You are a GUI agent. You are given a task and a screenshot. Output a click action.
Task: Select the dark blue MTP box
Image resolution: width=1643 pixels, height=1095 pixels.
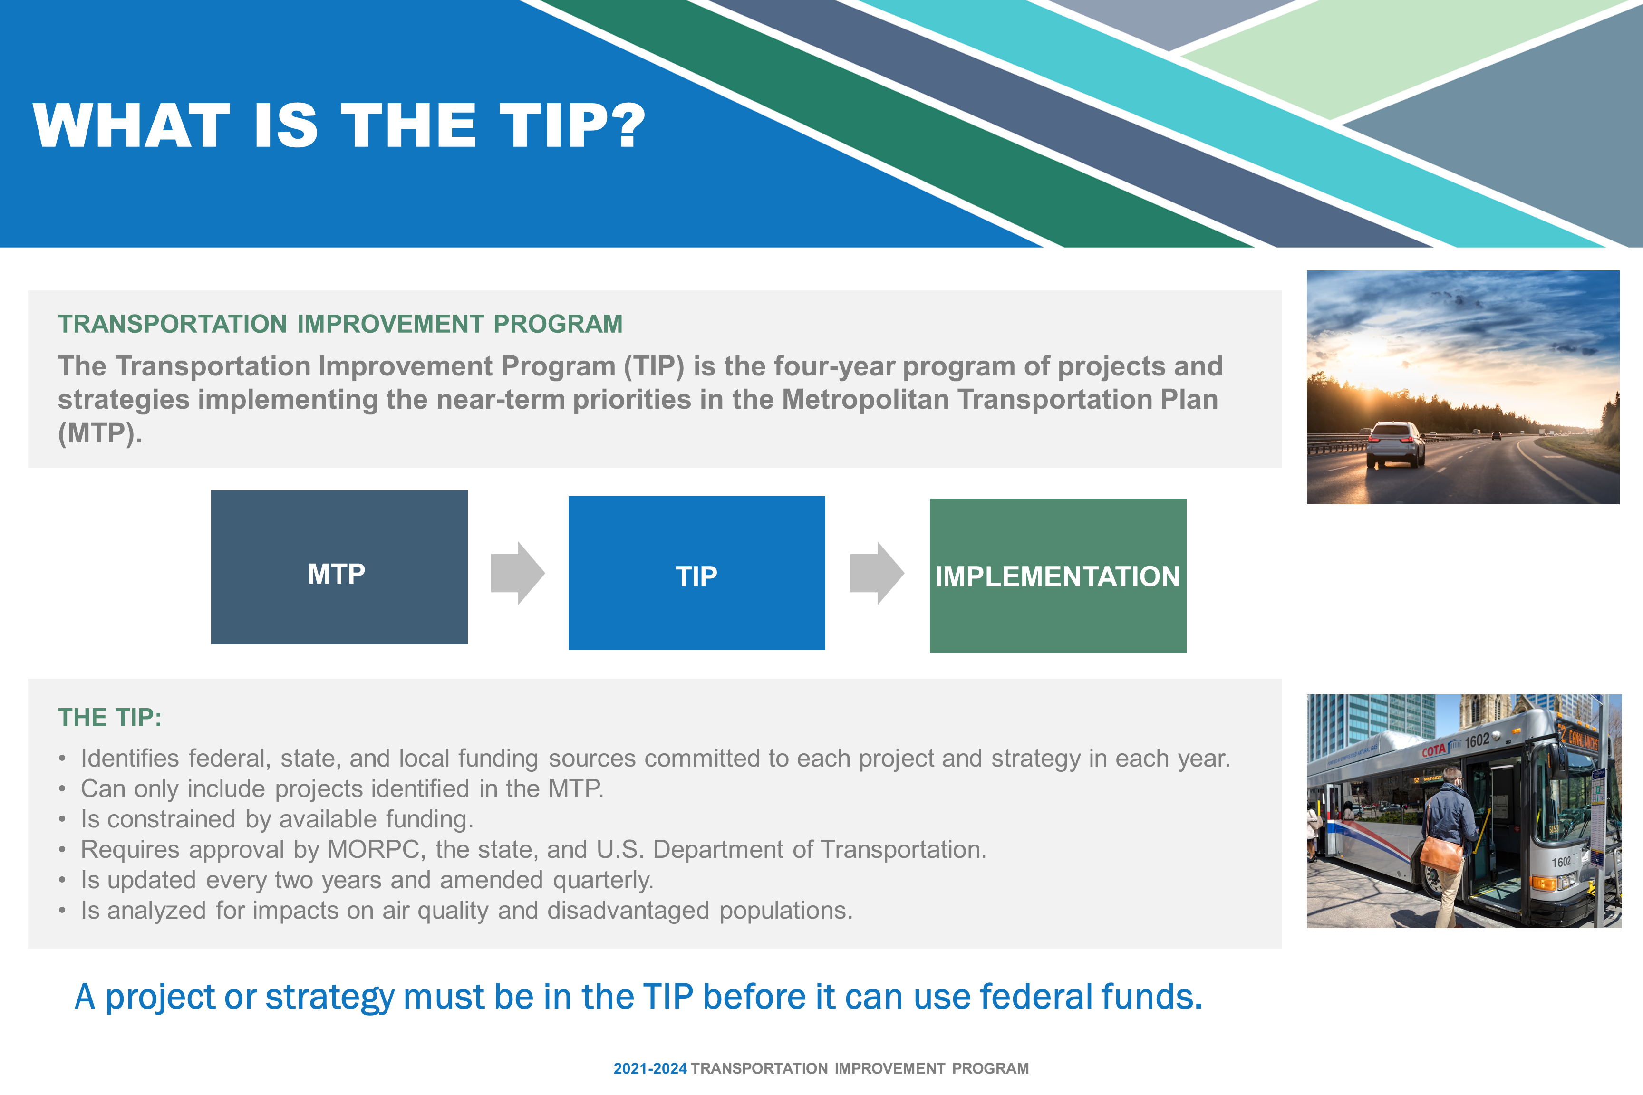[x=339, y=567]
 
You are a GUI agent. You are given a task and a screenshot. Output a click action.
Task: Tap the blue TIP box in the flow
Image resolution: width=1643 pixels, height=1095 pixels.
[x=696, y=573]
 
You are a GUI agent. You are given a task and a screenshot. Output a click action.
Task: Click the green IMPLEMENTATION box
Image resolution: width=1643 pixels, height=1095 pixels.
[x=1058, y=576]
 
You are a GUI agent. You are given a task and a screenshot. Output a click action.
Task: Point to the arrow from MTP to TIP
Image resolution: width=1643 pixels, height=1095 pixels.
[x=518, y=573]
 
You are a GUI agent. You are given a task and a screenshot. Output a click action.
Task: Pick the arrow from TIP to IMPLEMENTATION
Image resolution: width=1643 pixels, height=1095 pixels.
[x=877, y=573]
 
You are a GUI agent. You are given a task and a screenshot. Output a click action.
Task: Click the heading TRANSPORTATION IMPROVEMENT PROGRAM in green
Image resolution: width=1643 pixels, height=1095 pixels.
[x=340, y=324]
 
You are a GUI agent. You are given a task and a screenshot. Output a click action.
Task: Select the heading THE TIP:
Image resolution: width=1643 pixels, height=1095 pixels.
[x=110, y=717]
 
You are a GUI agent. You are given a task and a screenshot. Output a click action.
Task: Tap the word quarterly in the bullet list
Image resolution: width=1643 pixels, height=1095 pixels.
[x=603, y=881]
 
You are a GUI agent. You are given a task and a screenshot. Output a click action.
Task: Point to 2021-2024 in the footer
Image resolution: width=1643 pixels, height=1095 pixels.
[x=650, y=1068]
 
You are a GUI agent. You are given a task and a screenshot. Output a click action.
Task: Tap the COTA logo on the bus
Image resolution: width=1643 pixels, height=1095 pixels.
[x=1433, y=751]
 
